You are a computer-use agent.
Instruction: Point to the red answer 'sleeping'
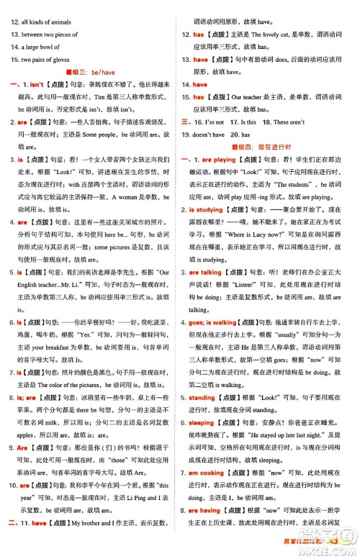(x=201, y=424)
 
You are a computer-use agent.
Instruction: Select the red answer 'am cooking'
(x=207, y=474)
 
